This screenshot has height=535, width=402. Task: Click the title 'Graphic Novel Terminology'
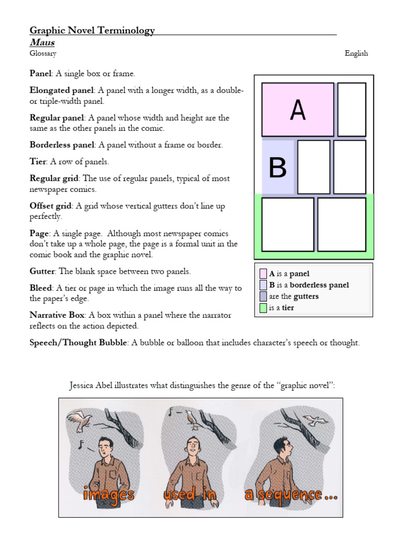[x=92, y=30]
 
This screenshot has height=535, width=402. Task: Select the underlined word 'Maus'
[x=42, y=42]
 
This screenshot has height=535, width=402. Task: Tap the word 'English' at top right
[x=356, y=53]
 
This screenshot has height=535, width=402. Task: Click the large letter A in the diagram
[x=297, y=110]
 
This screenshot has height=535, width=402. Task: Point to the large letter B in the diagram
[x=277, y=168]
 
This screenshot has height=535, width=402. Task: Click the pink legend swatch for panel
[x=263, y=274]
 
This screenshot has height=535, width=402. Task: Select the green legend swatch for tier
[x=263, y=308]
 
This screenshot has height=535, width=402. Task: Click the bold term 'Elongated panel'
[x=61, y=90]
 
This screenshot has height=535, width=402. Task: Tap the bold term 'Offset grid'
[x=51, y=206]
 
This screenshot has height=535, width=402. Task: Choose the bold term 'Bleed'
[x=41, y=288]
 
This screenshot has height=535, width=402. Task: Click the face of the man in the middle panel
[x=193, y=446]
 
